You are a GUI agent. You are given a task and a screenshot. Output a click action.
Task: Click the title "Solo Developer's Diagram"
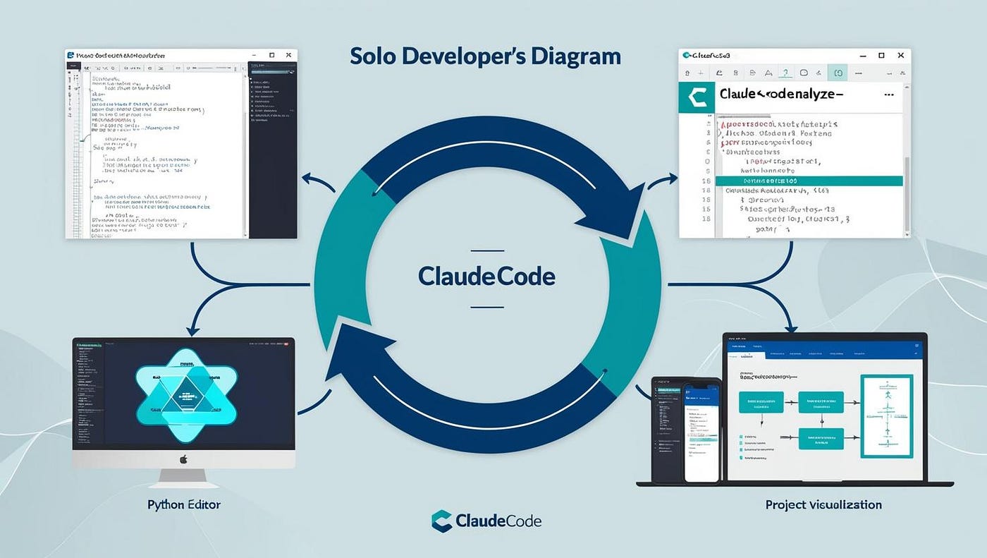[x=485, y=56]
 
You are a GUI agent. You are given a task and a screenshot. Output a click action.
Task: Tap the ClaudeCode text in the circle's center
[x=486, y=276]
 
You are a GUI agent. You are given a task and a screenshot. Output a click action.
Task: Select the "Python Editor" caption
[x=184, y=504]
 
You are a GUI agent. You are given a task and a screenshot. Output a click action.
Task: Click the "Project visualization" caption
[x=823, y=504]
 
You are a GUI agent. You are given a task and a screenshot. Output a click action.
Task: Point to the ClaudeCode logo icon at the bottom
[x=441, y=521]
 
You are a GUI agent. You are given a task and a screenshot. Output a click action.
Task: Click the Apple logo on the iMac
[x=184, y=459]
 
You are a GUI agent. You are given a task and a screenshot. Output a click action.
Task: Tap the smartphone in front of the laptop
[x=701, y=432]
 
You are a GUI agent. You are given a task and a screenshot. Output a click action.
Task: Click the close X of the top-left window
[x=288, y=55]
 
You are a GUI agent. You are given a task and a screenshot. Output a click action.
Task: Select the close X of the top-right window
[x=900, y=55]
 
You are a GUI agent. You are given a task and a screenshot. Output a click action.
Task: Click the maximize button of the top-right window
[x=881, y=55]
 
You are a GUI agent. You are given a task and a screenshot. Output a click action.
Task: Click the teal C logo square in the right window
[x=696, y=97]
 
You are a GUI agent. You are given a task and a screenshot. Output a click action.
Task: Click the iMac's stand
[x=184, y=478]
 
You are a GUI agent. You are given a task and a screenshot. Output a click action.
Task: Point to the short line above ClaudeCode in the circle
[x=486, y=250]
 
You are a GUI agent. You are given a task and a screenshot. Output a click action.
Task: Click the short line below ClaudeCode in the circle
[x=486, y=307]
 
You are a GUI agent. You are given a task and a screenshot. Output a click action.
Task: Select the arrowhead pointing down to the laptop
[x=791, y=326]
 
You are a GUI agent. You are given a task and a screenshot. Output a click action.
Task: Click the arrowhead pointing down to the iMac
[x=191, y=329]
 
